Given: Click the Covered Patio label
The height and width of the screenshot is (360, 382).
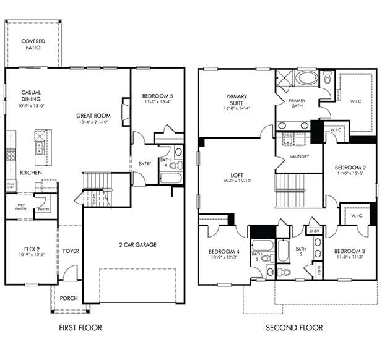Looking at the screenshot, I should pyautogui.click(x=33, y=44).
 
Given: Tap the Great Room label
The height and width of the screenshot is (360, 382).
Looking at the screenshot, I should pyautogui.click(x=93, y=116).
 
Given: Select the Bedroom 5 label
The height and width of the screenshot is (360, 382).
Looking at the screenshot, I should pyautogui.click(x=157, y=96).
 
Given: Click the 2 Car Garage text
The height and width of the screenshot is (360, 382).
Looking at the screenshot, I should pyautogui.click(x=137, y=244).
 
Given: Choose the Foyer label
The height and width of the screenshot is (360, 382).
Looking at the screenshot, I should pyautogui.click(x=70, y=251).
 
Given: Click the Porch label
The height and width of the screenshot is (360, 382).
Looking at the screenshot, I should pyautogui.click(x=69, y=298).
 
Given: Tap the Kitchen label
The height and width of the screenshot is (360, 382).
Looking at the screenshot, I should pyautogui.click(x=31, y=173).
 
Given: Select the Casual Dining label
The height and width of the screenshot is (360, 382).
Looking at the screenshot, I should pyautogui.click(x=30, y=95).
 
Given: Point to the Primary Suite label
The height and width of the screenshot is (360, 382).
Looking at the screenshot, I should pyautogui.click(x=236, y=100).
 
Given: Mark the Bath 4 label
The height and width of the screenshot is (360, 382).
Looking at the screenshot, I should pyautogui.click(x=165, y=163).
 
